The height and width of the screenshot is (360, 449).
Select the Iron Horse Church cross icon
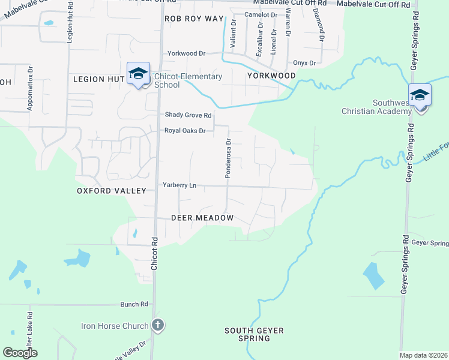(158, 326)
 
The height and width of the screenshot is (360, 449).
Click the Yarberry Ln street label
(179, 185)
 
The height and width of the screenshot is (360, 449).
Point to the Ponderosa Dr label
(228, 158)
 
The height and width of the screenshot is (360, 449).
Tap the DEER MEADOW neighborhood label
(202, 218)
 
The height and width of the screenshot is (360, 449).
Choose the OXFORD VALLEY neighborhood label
(112, 191)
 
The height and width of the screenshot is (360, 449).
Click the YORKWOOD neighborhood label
(271, 76)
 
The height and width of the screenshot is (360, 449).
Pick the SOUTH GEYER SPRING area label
(254, 334)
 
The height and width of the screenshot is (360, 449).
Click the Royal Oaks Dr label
(185, 130)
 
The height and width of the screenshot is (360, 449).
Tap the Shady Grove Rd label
(188, 115)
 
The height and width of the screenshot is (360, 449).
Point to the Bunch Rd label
(134, 304)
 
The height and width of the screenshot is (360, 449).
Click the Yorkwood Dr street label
(186, 53)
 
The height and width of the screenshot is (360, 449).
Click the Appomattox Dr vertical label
(29, 88)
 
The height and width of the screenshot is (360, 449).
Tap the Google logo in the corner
(20, 353)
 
